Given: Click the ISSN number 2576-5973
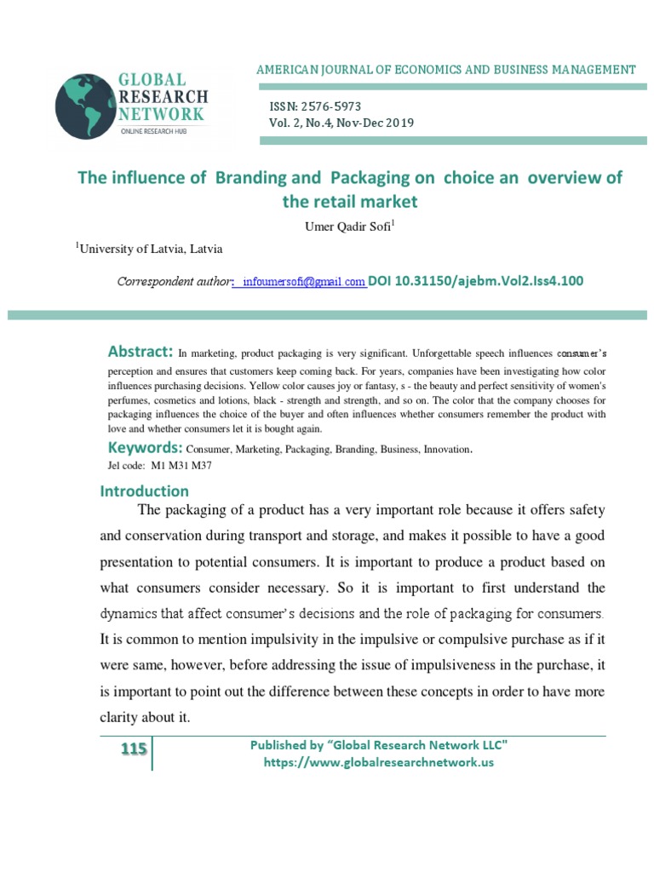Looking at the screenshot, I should [x=330, y=106].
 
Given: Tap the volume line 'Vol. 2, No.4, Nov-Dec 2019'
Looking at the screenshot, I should [x=341, y=123].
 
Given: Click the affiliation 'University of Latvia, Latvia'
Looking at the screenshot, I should [x=151, y=249].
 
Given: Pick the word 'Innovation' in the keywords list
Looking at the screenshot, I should [x=441, y=449].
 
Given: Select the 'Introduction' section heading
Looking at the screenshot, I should [x=145, y=491].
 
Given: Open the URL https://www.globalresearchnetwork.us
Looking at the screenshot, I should [x=378, y=762].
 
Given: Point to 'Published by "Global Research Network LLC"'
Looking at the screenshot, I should [x=378, y=745].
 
